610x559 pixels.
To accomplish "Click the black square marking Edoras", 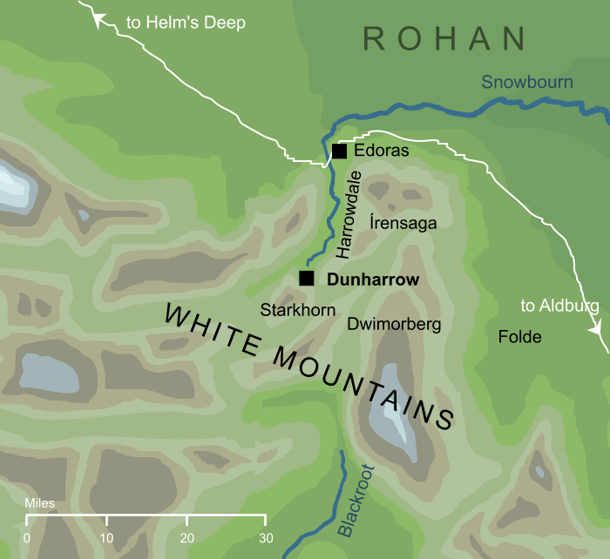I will click(x=339, y=152).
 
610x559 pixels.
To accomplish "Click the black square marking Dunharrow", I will click(x=306, y=279).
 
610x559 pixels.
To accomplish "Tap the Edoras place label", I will click(x=382, y=152).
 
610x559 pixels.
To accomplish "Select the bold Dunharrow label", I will click(x=372, y=280).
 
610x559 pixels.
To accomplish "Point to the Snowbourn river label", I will click(x=527, y=83).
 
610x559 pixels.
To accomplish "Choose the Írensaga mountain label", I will click(x=403, y=223).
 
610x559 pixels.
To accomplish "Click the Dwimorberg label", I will click(x=394, y=325).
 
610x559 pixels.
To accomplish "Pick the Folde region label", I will click(x=519, y=337).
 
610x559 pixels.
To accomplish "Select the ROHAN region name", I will click(x=444, y=39).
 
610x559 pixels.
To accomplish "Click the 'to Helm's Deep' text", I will click(x=186, y=23).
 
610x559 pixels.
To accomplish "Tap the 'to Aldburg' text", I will click(x=559, y=306).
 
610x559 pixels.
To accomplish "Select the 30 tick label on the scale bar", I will click(x=265, y=537).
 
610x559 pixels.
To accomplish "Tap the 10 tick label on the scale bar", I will click(x=106, y=537).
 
